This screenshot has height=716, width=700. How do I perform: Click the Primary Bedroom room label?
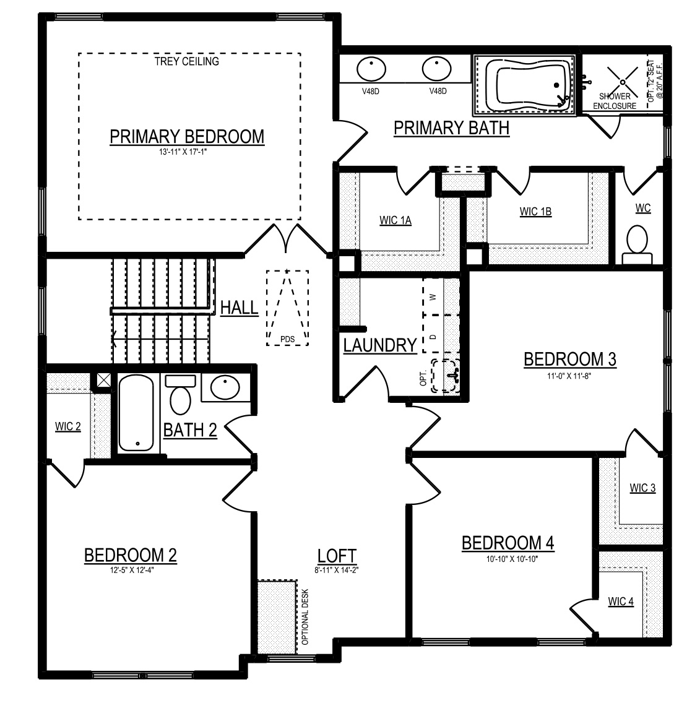187,137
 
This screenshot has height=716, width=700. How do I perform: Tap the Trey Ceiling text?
186,61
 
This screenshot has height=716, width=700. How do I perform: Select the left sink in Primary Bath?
371,69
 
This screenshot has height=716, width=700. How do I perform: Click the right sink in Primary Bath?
436,69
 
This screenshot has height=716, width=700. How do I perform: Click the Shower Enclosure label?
615,101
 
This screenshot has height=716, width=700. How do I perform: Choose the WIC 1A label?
395,220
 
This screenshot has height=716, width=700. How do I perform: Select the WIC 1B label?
535,212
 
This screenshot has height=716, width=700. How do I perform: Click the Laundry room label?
380,345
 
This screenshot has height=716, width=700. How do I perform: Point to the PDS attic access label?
288,339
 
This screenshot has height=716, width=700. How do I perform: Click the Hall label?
240,308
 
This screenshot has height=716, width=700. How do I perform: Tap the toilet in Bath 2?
180,395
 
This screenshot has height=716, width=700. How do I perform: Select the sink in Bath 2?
225,387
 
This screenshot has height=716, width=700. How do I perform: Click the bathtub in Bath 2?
136,413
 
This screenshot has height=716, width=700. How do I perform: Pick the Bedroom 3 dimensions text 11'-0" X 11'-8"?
569,376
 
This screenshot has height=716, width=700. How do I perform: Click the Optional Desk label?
306,616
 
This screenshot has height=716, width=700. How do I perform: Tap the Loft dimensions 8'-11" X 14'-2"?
337,570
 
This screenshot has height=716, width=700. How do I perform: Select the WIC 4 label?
621,602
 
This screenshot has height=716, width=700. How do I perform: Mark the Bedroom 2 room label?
130,555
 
